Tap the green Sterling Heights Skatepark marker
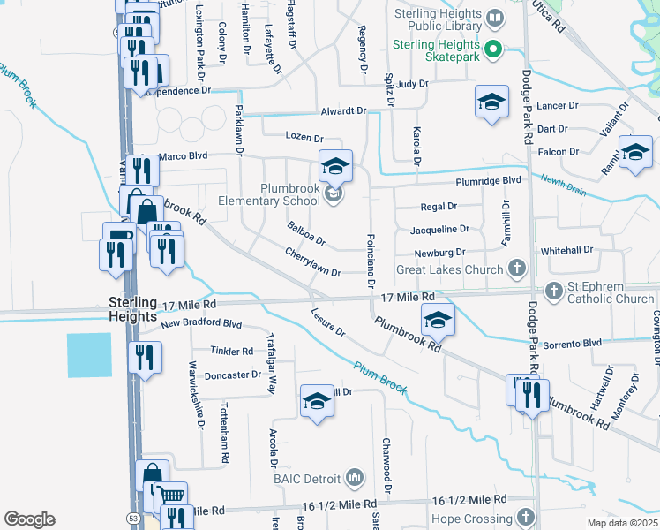pos(494,49)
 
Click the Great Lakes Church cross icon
pos(518,268)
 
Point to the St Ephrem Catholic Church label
pos(611,292)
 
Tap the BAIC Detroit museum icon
pos(355,478)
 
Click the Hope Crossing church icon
pos(527,515)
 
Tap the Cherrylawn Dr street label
pos(312,262)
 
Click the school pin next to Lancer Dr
pos(491,102)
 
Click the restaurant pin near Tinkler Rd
pos(145,358)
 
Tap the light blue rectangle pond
pos(89,355)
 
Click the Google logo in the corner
pos(29,519)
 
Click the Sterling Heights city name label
pos(132,308)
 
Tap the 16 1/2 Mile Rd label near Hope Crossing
pos(470,500)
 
